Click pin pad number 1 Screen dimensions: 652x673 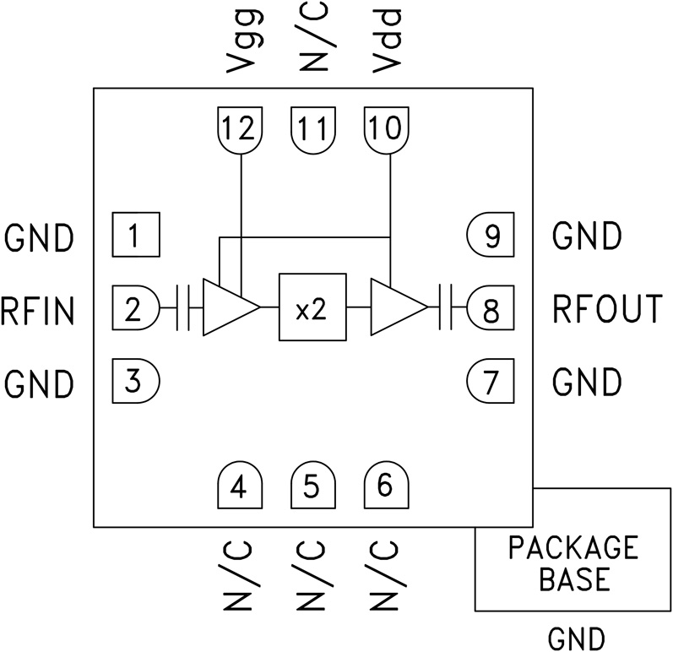click(135, 236)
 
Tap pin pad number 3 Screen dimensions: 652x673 click(135, 382)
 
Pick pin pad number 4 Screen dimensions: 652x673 click(240, 486)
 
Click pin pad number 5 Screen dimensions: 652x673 click(312, 486)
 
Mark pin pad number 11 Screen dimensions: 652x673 click(312, 130)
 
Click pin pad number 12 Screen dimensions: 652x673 click(240, 130)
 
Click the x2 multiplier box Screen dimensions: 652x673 click(312, 308)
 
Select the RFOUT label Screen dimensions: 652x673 click(607, 309)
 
